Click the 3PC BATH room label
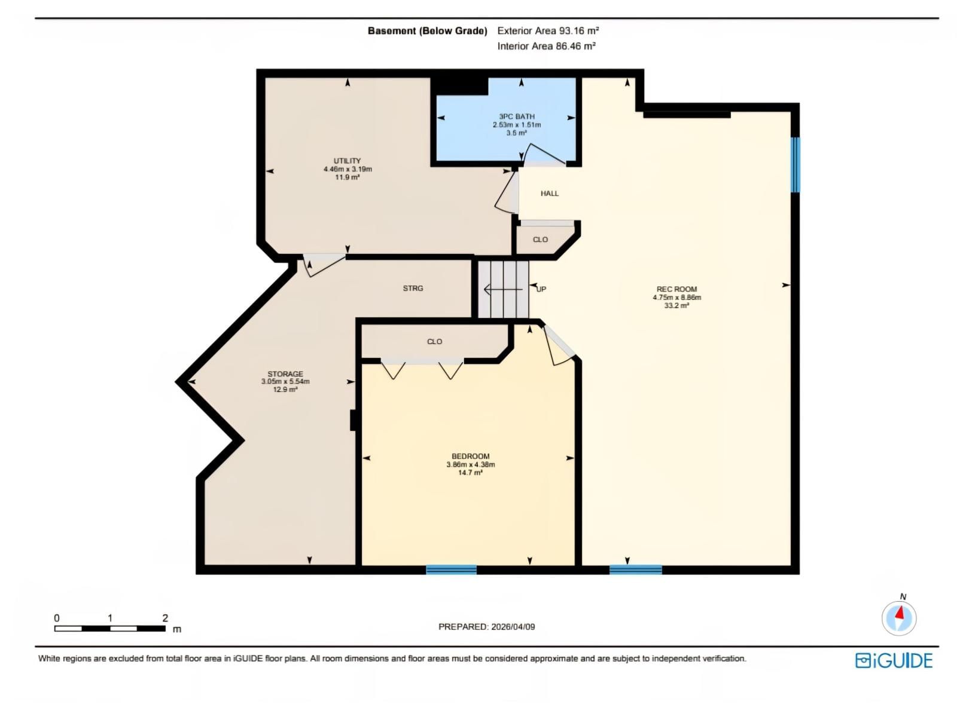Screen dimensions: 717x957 517,117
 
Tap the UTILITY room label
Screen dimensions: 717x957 347,161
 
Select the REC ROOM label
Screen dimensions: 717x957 676,289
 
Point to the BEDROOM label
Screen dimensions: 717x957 470,456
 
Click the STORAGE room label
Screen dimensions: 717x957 285,374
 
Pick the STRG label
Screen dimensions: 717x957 413,289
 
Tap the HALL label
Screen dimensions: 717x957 549,194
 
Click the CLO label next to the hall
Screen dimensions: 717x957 540,240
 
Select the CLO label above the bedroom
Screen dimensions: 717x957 434,342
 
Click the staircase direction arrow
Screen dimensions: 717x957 503,290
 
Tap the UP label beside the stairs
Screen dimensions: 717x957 541,289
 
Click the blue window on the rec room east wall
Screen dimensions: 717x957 795,165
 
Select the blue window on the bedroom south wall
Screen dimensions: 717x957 451,569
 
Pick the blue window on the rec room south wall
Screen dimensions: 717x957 635,569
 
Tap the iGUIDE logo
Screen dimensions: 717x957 894,660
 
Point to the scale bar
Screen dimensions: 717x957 110,628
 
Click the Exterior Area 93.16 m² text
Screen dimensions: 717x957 548,30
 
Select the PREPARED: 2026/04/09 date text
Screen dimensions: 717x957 486,627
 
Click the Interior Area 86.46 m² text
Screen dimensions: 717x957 546,46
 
